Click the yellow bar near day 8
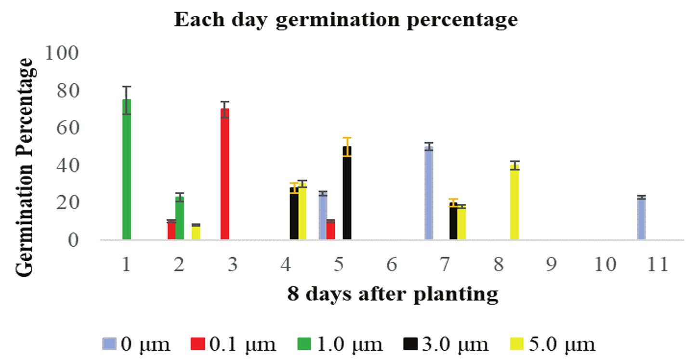click(x=514, y=202)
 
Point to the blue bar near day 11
click(x=641, y=219)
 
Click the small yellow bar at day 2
click(x=196, y=232)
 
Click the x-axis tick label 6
click(x=392, y=265)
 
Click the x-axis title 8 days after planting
click(x=392, y=294)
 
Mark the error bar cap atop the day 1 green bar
click(x=127, y=87)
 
